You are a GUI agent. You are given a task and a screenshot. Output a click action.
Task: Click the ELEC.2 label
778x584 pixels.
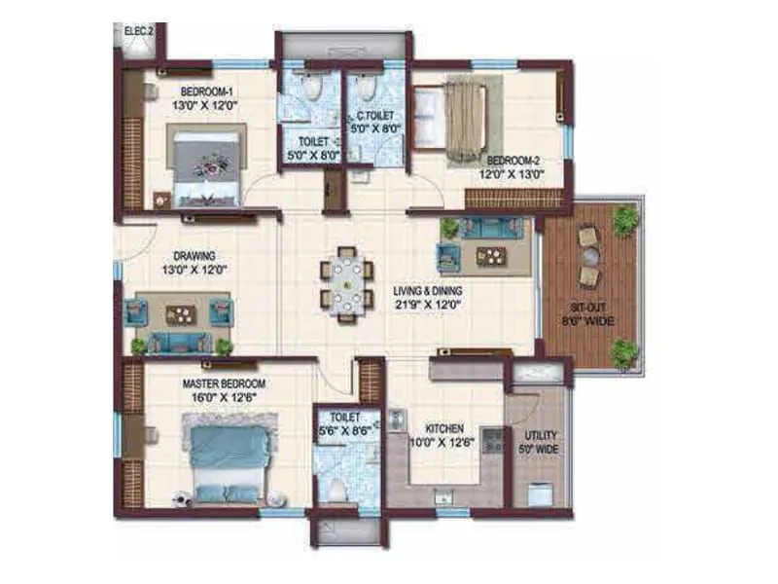coord(138,32)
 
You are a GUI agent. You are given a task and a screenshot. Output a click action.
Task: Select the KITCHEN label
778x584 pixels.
coord(442,428)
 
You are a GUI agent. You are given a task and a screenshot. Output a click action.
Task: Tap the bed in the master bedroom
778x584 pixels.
coord(227,457)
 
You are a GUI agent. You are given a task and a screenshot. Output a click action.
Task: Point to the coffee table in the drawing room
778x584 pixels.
coord(181,313)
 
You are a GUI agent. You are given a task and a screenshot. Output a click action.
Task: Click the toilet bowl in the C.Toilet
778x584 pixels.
coord(365,91)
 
